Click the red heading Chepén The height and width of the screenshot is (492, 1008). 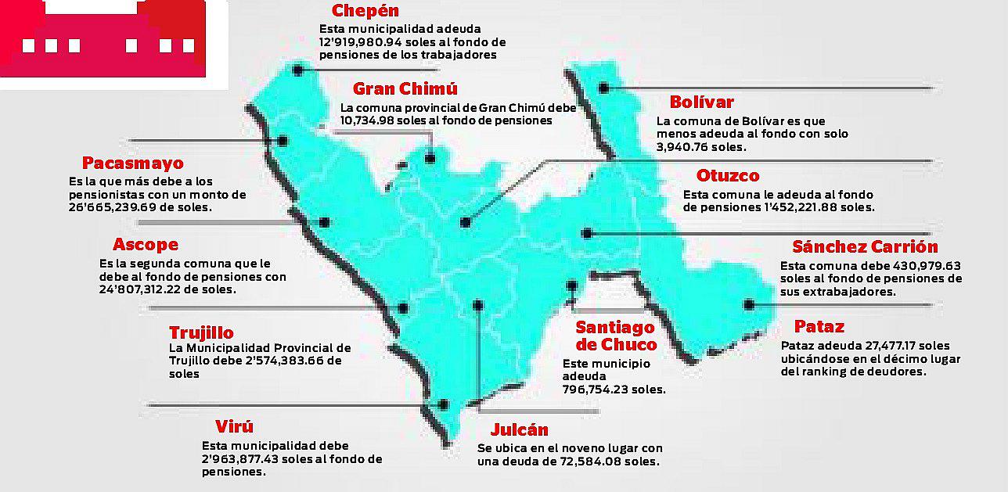point(365,11)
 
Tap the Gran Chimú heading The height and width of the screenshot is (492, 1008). point(405,88)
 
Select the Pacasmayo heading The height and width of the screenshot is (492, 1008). point(132,163)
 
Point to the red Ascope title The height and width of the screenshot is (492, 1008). point(146,245)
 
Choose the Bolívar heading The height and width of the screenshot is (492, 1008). point(701,102)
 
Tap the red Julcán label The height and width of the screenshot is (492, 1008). point(519,430)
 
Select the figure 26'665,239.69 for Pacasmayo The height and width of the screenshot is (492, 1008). point(113,208)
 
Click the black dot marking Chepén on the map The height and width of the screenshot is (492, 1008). point(297,70)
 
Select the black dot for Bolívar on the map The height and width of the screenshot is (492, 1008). point(603,88)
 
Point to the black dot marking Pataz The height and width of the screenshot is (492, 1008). point(749,305)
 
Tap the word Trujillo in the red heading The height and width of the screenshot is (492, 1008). point(201,333)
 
